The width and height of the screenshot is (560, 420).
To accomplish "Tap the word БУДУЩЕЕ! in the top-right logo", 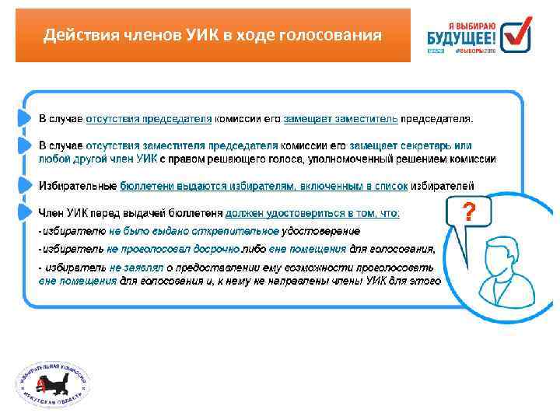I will [461, 36].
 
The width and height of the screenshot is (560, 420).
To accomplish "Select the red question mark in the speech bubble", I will [468, 211].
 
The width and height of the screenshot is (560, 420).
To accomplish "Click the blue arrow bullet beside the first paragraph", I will [23, 119].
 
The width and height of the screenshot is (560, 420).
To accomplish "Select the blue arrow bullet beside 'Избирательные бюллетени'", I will [23, 185].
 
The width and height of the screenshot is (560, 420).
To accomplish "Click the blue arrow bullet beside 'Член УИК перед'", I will [23, 212].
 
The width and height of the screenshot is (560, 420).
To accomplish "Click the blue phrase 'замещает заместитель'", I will [341, 119].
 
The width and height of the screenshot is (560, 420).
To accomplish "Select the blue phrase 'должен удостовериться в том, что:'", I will [313, 212].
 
